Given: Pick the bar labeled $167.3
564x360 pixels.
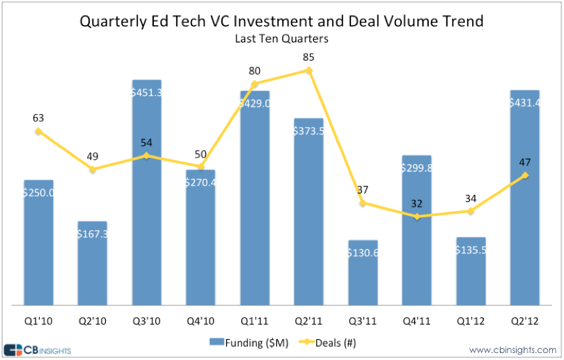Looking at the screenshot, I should (x=92, y=265).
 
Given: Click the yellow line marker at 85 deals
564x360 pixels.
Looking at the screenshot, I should (x=308, y=70).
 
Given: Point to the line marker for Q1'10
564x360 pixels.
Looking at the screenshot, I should (x=38, y=131).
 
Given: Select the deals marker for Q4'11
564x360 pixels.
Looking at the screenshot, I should (x=416, y=217).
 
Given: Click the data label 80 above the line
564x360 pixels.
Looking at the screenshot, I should (x=255, y=70).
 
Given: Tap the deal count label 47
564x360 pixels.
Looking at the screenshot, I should (x=525, y=162).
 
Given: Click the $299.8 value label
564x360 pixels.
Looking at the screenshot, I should (x=416, y=167).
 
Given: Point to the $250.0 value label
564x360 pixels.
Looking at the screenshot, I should (x=38, y=192).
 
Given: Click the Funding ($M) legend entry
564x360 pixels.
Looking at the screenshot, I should (x=240, y=342).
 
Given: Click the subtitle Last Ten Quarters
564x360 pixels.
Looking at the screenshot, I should (x=282, y=39).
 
